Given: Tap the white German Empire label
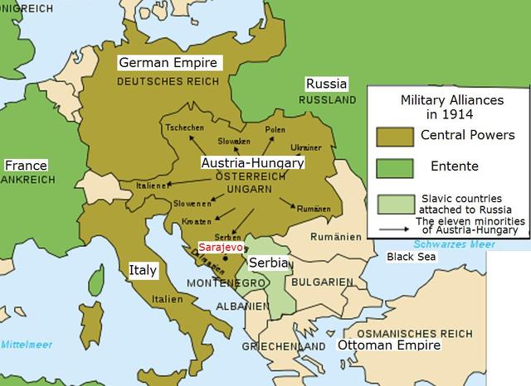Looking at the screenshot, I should (x=168, y=63).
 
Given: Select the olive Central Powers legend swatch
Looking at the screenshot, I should (x=394, y=135).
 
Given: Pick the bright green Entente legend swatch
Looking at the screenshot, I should (x=394, y=166).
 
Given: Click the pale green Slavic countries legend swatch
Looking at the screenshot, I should (x=394, y=203).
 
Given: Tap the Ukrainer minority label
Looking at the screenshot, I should (x=305, y=147).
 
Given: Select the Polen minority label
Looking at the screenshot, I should (x=275, y=130).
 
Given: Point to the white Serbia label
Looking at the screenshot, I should (x=270, y=263).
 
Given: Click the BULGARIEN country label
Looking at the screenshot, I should (x=322, y=282).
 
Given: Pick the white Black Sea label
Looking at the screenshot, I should (x=412, y=257).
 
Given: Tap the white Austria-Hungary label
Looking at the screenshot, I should (x=252, y=163).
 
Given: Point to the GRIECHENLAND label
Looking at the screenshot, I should (x=283, y=345).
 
